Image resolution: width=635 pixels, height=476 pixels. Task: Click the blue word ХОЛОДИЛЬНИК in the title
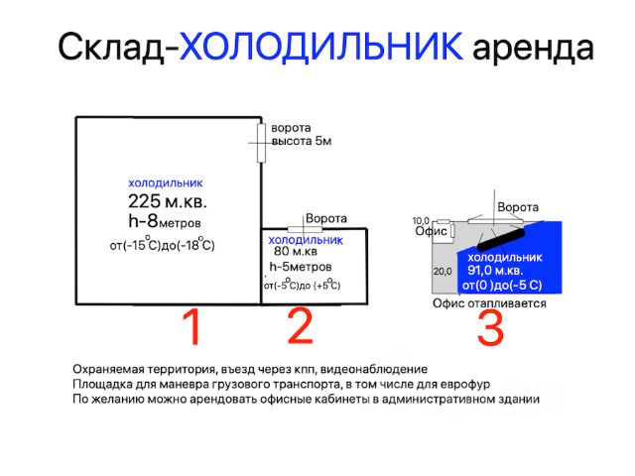(320, 46)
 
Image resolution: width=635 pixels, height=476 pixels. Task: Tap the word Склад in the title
(110, 47)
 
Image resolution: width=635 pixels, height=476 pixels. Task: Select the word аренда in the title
(534, 49)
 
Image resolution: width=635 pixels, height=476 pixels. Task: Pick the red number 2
(300, 326)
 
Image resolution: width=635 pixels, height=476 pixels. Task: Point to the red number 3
(490, 328)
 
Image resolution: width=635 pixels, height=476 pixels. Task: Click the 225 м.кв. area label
(168, 200)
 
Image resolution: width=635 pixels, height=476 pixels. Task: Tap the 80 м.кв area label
(296, 251)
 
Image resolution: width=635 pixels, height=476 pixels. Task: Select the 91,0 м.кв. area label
(495, 271)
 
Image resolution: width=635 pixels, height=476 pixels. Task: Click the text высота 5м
(302, 141)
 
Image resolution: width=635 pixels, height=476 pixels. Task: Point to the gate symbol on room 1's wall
(262, 143)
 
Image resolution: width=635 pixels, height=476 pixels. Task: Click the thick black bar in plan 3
(501, 239)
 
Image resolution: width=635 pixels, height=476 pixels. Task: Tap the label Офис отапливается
(489, 303)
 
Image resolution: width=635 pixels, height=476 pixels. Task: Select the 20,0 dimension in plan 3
(443, 271)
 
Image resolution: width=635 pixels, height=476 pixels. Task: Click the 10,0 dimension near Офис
(421, 221)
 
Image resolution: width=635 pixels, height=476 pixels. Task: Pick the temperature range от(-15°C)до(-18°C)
(163, 244)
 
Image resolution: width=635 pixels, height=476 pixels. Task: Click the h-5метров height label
(301, 267)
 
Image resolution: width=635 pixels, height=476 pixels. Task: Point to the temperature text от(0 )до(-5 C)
(502, 286)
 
